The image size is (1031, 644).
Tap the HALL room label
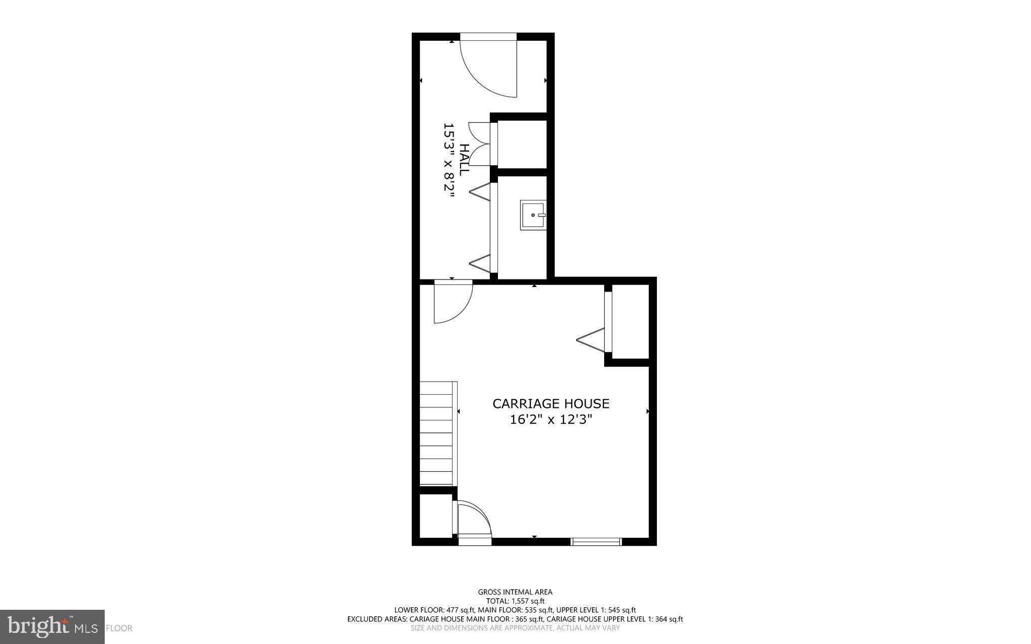click(464, 160)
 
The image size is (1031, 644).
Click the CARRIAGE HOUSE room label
click(551, 404)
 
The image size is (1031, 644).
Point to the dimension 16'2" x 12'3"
click(551, 420)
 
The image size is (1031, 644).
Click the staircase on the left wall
click(437, 434)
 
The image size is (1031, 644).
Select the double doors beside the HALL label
click(479, 144)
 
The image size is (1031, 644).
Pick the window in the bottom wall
click(596, 542)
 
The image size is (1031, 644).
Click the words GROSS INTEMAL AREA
click(515, 592)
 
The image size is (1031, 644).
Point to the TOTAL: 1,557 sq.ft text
click(515, 601)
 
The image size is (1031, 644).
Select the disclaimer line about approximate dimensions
click(515, 628)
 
